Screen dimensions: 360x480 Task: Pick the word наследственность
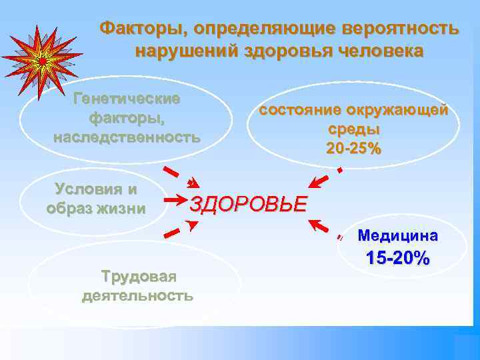(126, 137)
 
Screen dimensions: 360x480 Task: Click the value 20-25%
(354, 148)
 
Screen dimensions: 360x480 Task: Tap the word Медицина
(398, 235)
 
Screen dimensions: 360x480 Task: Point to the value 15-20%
(398, 258)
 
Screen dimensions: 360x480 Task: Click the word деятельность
(138, 295)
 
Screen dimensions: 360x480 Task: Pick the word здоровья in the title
(281, 51)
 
